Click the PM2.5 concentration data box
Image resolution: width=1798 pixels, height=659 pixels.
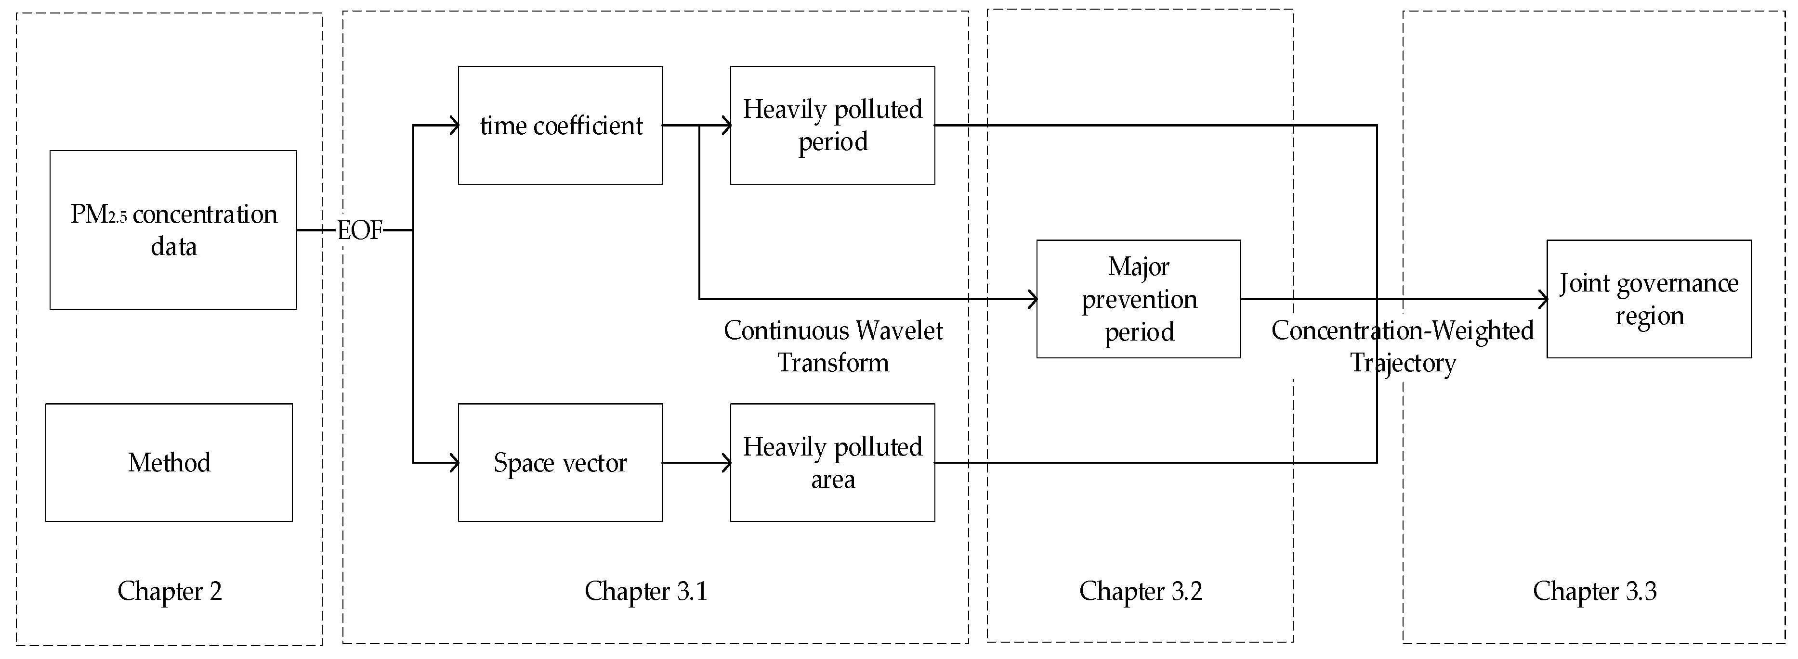click(x=173, y=229)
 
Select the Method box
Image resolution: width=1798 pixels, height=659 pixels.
click(x=169, y=462)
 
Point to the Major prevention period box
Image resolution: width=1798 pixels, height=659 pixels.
click(x=1139, y=299)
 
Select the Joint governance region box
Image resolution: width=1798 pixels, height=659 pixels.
click(x=1649, y=299)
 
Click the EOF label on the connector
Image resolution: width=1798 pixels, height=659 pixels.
click(x=360, y=230)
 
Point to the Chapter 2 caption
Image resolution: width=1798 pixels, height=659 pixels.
click(x=170, y=591)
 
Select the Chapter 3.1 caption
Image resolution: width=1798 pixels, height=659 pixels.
click(x=645, y=591)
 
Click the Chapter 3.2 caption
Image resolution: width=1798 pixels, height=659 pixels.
click(x=1141, y=591)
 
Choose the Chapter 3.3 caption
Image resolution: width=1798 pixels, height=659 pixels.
click(x=1594, y=591)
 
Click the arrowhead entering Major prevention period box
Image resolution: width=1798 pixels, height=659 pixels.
click(x=1033, y=300)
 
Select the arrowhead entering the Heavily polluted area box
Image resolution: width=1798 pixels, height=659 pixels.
click(x=727, y=462)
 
